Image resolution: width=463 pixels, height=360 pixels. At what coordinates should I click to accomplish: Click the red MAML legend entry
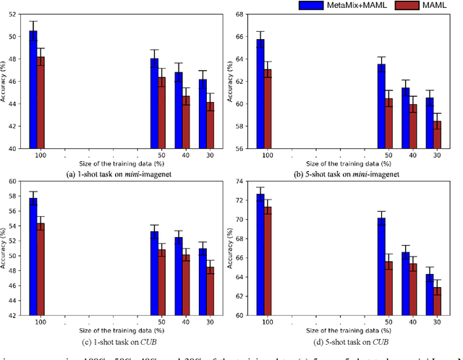[x=433, y=5]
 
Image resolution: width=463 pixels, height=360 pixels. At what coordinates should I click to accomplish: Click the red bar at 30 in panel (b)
[x=436, y=134]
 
